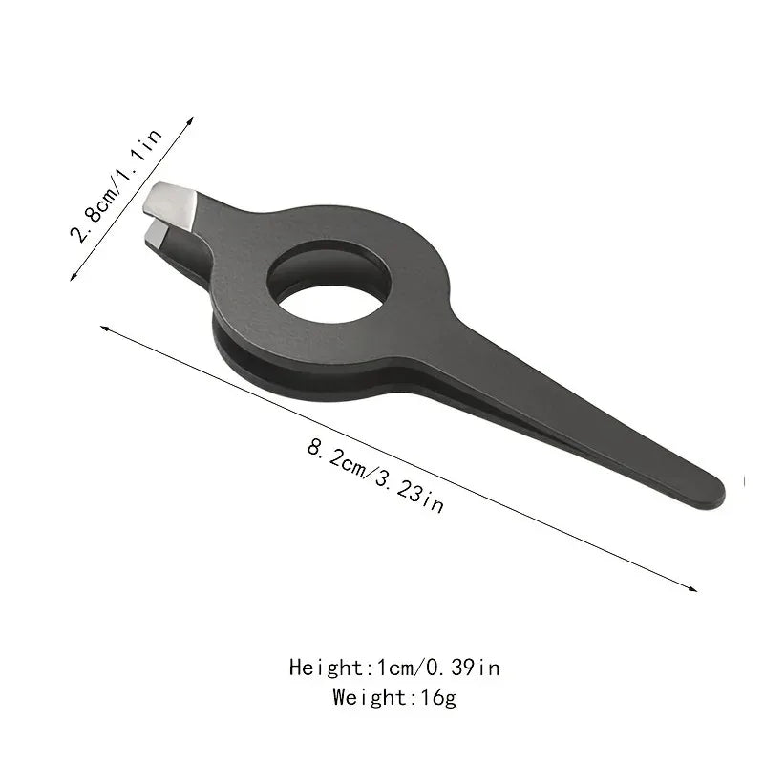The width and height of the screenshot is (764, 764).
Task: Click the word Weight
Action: pyautogui.click(x=366, y=696)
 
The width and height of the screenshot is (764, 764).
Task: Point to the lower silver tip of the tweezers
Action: pyautogui.click(x=157, y=232)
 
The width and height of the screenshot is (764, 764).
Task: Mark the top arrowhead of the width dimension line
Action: pyautogui.click(x=190, y=120)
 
